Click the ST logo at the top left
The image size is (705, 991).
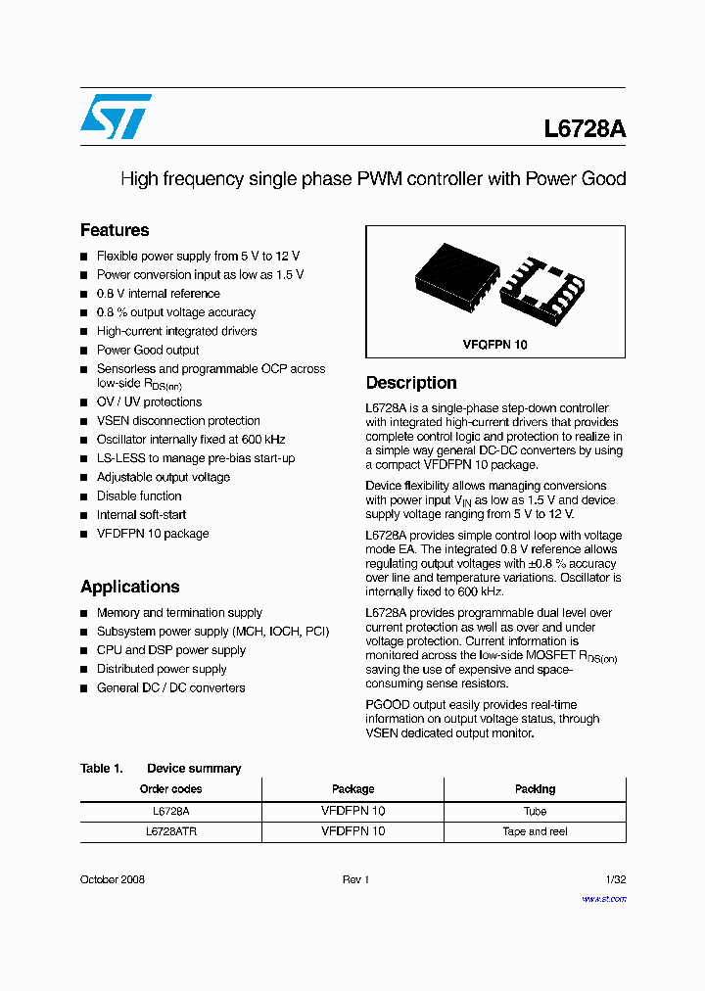(116, 117)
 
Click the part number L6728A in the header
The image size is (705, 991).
(585, 129)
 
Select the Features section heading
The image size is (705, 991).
(115, 230)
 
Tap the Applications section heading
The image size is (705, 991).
(129, 587)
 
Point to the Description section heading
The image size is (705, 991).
(411, 383)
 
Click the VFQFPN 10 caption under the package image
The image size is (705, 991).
(495, 345)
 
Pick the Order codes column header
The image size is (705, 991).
(170, 789)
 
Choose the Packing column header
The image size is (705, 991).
(535, 789)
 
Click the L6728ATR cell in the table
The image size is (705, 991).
(170, 831)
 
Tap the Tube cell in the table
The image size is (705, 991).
(535, 811)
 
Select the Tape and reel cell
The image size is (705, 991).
(535, 831)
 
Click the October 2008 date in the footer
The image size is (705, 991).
(113, 879)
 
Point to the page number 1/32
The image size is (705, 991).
(615, 879)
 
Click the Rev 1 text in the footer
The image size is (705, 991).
(354, 879)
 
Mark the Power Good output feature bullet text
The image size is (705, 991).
(148, 350)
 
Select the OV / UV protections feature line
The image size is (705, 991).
(149, 401)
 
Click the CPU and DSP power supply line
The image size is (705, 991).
(171, 650)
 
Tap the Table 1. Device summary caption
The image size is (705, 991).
(161, 769)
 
